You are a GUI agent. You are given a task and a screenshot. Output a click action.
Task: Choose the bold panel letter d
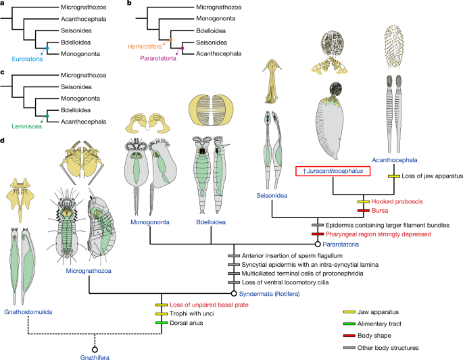point(5,141)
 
